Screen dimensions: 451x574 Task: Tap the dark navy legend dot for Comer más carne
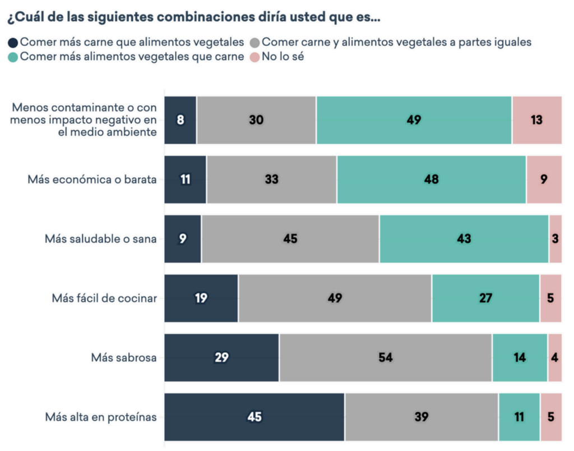12,42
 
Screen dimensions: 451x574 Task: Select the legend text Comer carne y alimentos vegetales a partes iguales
396,42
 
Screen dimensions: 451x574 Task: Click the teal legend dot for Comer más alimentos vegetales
12,57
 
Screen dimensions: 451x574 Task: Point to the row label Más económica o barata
92,180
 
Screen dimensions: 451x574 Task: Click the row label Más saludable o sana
100,239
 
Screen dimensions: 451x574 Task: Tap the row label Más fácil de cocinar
104,298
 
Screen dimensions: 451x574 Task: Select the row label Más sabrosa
124,358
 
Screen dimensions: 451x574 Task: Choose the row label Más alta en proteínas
100,417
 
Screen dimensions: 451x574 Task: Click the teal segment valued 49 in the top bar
414,120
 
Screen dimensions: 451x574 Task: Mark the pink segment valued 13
536,120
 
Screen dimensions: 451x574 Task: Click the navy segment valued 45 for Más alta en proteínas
254,417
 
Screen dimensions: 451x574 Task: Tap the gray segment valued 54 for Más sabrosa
385,358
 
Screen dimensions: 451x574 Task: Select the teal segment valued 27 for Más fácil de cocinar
485,298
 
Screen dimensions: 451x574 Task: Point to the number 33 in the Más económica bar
271,180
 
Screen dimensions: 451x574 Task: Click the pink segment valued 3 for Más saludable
555,239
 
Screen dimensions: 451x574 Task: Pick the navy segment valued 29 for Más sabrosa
221,358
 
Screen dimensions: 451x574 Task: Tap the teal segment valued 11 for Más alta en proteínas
519,417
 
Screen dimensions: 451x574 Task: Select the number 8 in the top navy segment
180,120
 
